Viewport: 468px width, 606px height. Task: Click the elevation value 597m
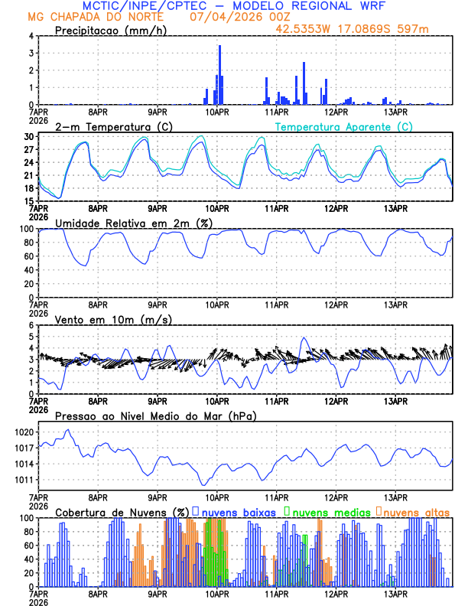(x=412, y=31)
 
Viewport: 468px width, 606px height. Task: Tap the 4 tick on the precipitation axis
(x=31, y=36)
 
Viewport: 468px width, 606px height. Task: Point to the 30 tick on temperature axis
(x=28, y=137)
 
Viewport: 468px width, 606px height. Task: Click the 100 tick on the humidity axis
(x=26, y=229)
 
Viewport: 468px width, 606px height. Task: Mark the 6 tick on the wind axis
(x=31, y=325)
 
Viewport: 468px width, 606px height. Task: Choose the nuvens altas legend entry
(x=417, y=511)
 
